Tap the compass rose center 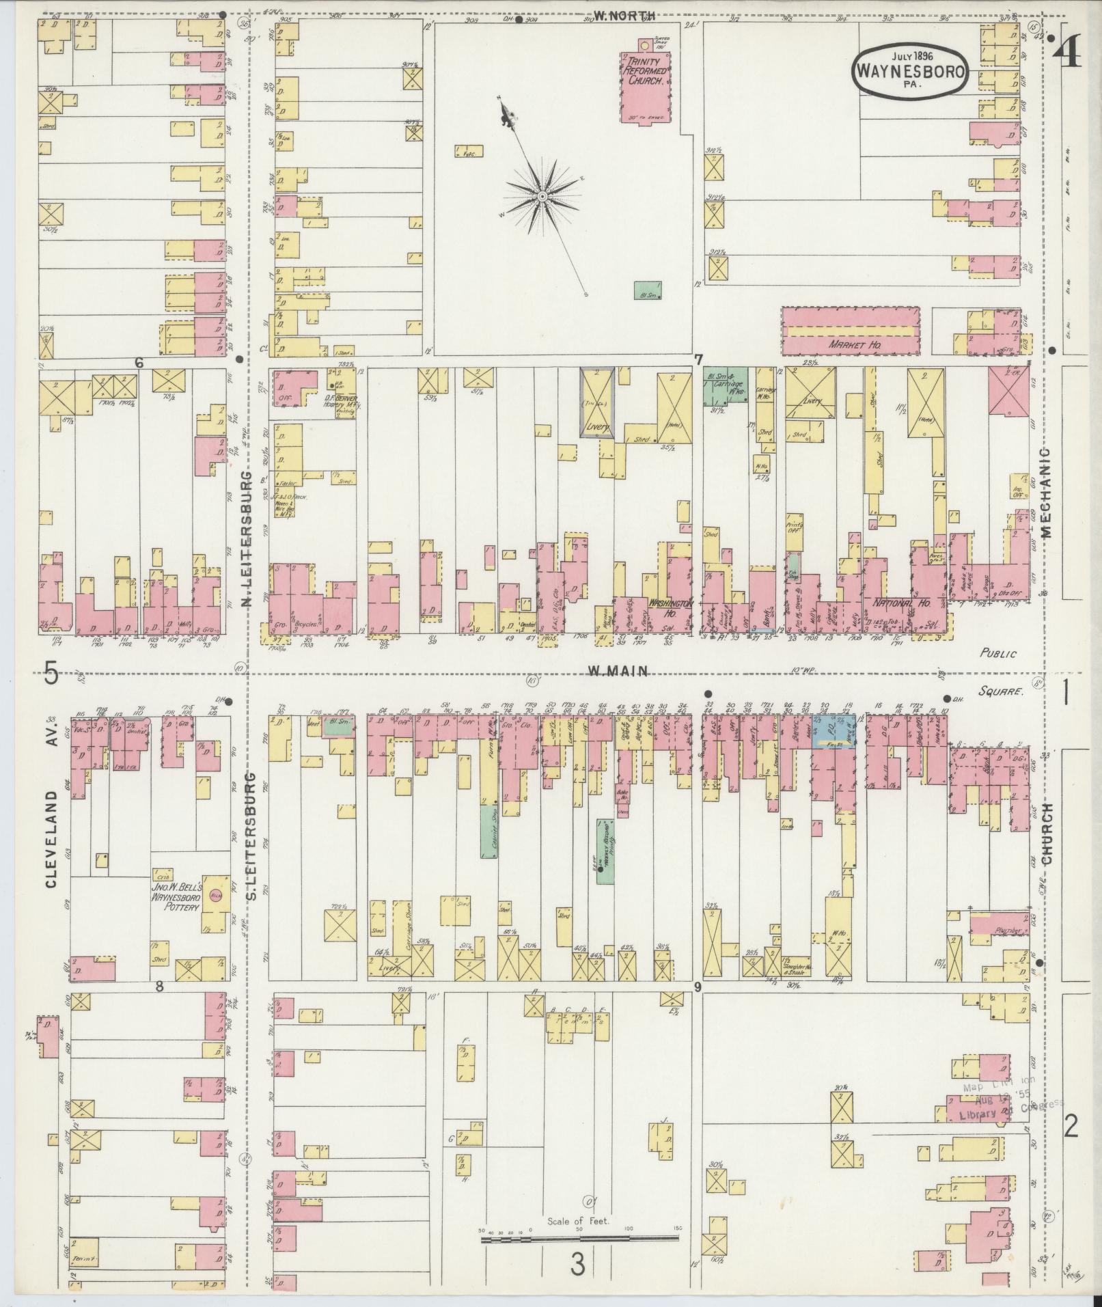coord(542,197)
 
